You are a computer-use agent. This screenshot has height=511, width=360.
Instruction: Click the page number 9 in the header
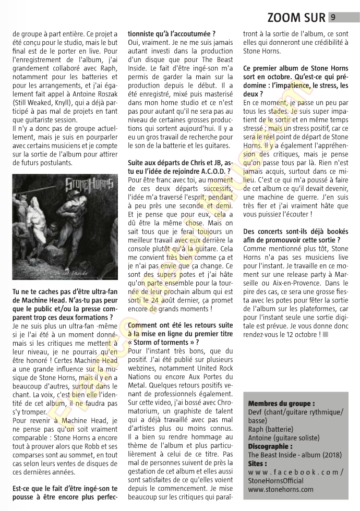[333, 17]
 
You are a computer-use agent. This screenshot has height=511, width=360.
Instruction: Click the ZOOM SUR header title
[296, 18]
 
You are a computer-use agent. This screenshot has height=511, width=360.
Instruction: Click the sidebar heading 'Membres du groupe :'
[281, 404]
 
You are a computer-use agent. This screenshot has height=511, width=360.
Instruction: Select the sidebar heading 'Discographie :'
[270, 446]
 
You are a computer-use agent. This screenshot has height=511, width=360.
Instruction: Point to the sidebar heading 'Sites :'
[258, 464]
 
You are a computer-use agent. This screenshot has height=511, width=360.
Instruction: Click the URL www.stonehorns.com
[281, 489]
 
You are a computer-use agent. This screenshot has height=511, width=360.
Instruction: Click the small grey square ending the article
[325, 334]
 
